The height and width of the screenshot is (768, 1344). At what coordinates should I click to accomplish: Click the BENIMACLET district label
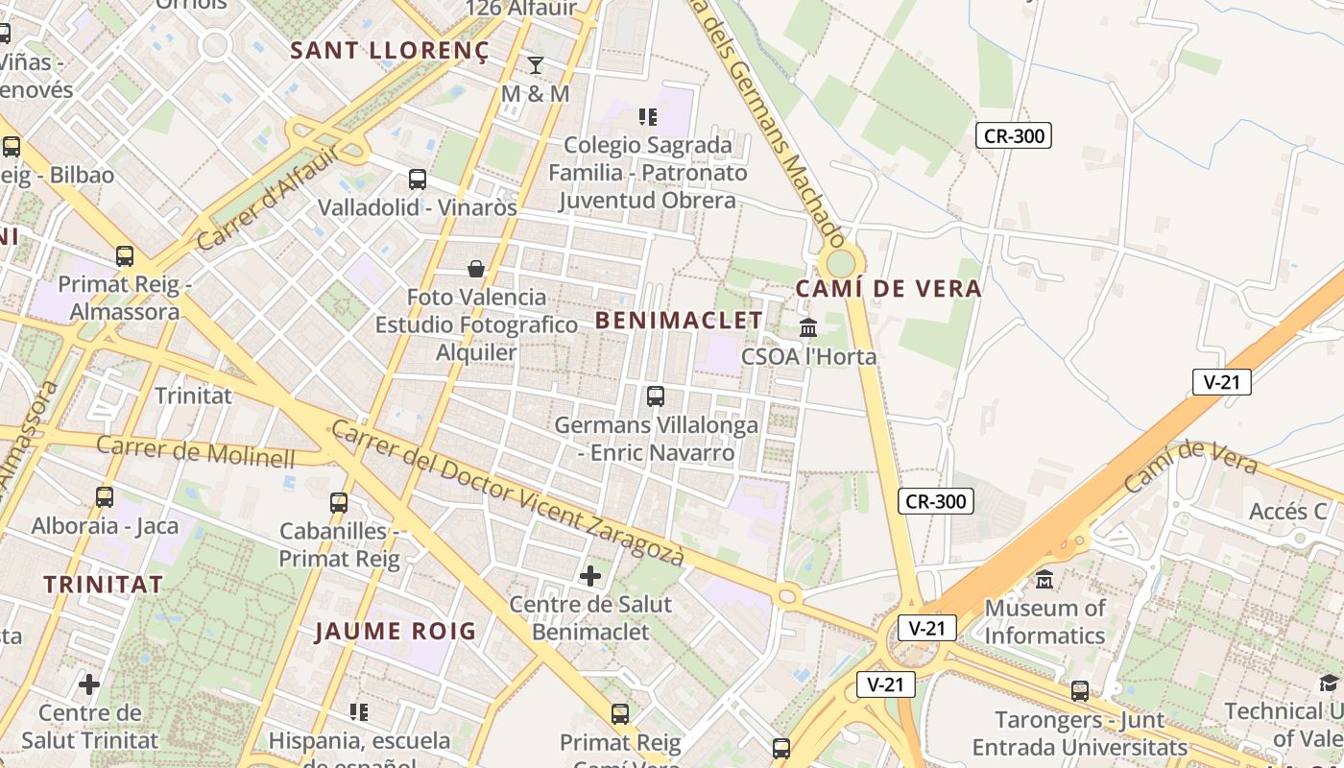coord(679,321)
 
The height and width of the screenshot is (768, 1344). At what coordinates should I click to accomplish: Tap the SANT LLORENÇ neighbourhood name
coord(390,51)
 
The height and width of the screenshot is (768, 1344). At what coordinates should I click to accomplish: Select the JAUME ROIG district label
coord(396,631)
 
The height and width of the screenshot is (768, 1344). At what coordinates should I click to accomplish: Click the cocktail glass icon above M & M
coord(536,65)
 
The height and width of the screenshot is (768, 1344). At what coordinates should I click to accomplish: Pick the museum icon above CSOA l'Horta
coord(808,328)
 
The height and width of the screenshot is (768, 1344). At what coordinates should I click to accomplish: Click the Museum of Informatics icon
coord(1044,580)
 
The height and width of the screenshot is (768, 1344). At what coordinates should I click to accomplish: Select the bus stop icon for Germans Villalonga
coord(656,396)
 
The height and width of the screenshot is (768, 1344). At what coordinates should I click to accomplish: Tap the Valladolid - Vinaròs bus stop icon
coord(418,179)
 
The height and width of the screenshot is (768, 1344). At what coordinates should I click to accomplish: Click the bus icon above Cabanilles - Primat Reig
coord(339,502)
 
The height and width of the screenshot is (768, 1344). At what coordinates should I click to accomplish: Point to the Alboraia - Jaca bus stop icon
coord(105,497)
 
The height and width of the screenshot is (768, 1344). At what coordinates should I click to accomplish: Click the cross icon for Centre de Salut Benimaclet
coord(590,576)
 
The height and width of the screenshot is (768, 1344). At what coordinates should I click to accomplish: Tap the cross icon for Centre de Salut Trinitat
coord(89,684)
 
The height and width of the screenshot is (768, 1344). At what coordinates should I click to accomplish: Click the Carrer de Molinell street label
coord(196,451)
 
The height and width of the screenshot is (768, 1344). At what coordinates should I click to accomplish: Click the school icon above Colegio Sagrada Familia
coord(648,117)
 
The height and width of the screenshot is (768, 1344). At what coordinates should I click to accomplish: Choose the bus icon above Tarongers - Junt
coord(1080,691)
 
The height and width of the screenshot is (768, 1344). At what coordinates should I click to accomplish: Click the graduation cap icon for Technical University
coord(1329,683)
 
